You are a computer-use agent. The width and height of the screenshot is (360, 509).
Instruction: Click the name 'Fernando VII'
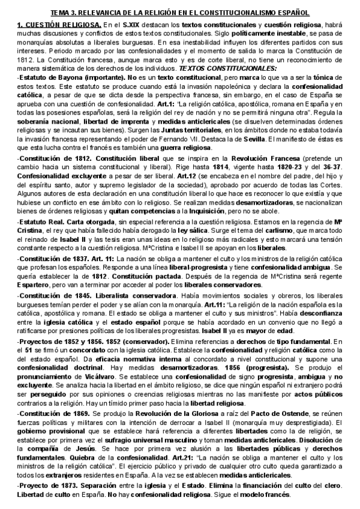[211, 139]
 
